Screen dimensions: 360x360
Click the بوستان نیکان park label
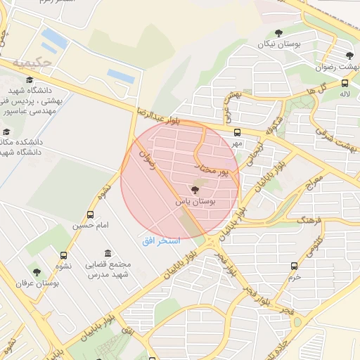point(278,44)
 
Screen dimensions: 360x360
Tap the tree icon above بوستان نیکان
point(278,33)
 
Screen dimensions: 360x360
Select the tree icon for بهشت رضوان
point(349,56)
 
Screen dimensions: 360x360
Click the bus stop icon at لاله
point(345,82)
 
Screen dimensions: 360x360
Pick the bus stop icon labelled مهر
point(237,131)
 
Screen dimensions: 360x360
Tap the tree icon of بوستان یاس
point(195,190)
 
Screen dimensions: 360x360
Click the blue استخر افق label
point(161,240)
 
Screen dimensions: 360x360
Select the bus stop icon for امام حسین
point(90,214)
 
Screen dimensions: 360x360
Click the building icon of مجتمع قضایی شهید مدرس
point(107,253)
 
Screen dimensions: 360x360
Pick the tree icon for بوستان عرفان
point(37,272)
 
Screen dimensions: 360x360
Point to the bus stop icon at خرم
point(294,266)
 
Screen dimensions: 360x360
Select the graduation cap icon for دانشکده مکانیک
point(6,131)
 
